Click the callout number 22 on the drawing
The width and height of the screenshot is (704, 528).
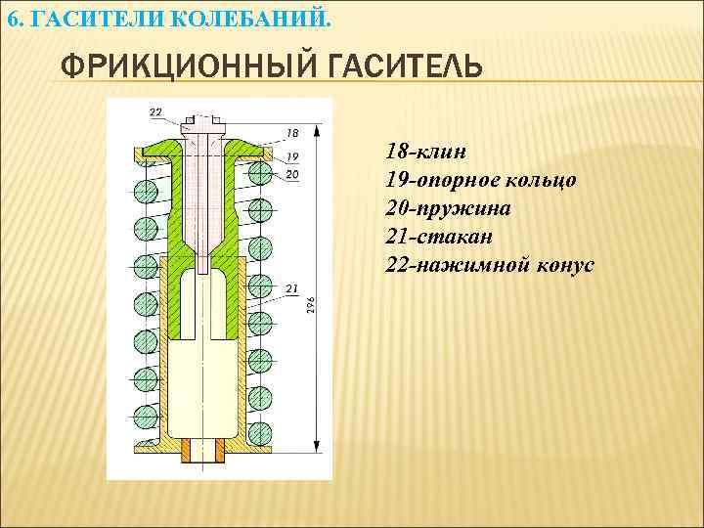pyautogui.click(x=156, y=111)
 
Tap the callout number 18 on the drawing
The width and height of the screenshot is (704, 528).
pyautogui.click(x=292, y=132)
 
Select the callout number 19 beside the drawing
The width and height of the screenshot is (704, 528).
pyautogui.click(x=292, y=156)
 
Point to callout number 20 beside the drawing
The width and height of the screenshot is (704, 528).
pyautogui.click(x=292, y=174)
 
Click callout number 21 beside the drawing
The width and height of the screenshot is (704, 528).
pyautogui.click(x=292, y=287)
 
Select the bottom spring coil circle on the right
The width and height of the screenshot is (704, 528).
pyautogui.click(x=260, y=431)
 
